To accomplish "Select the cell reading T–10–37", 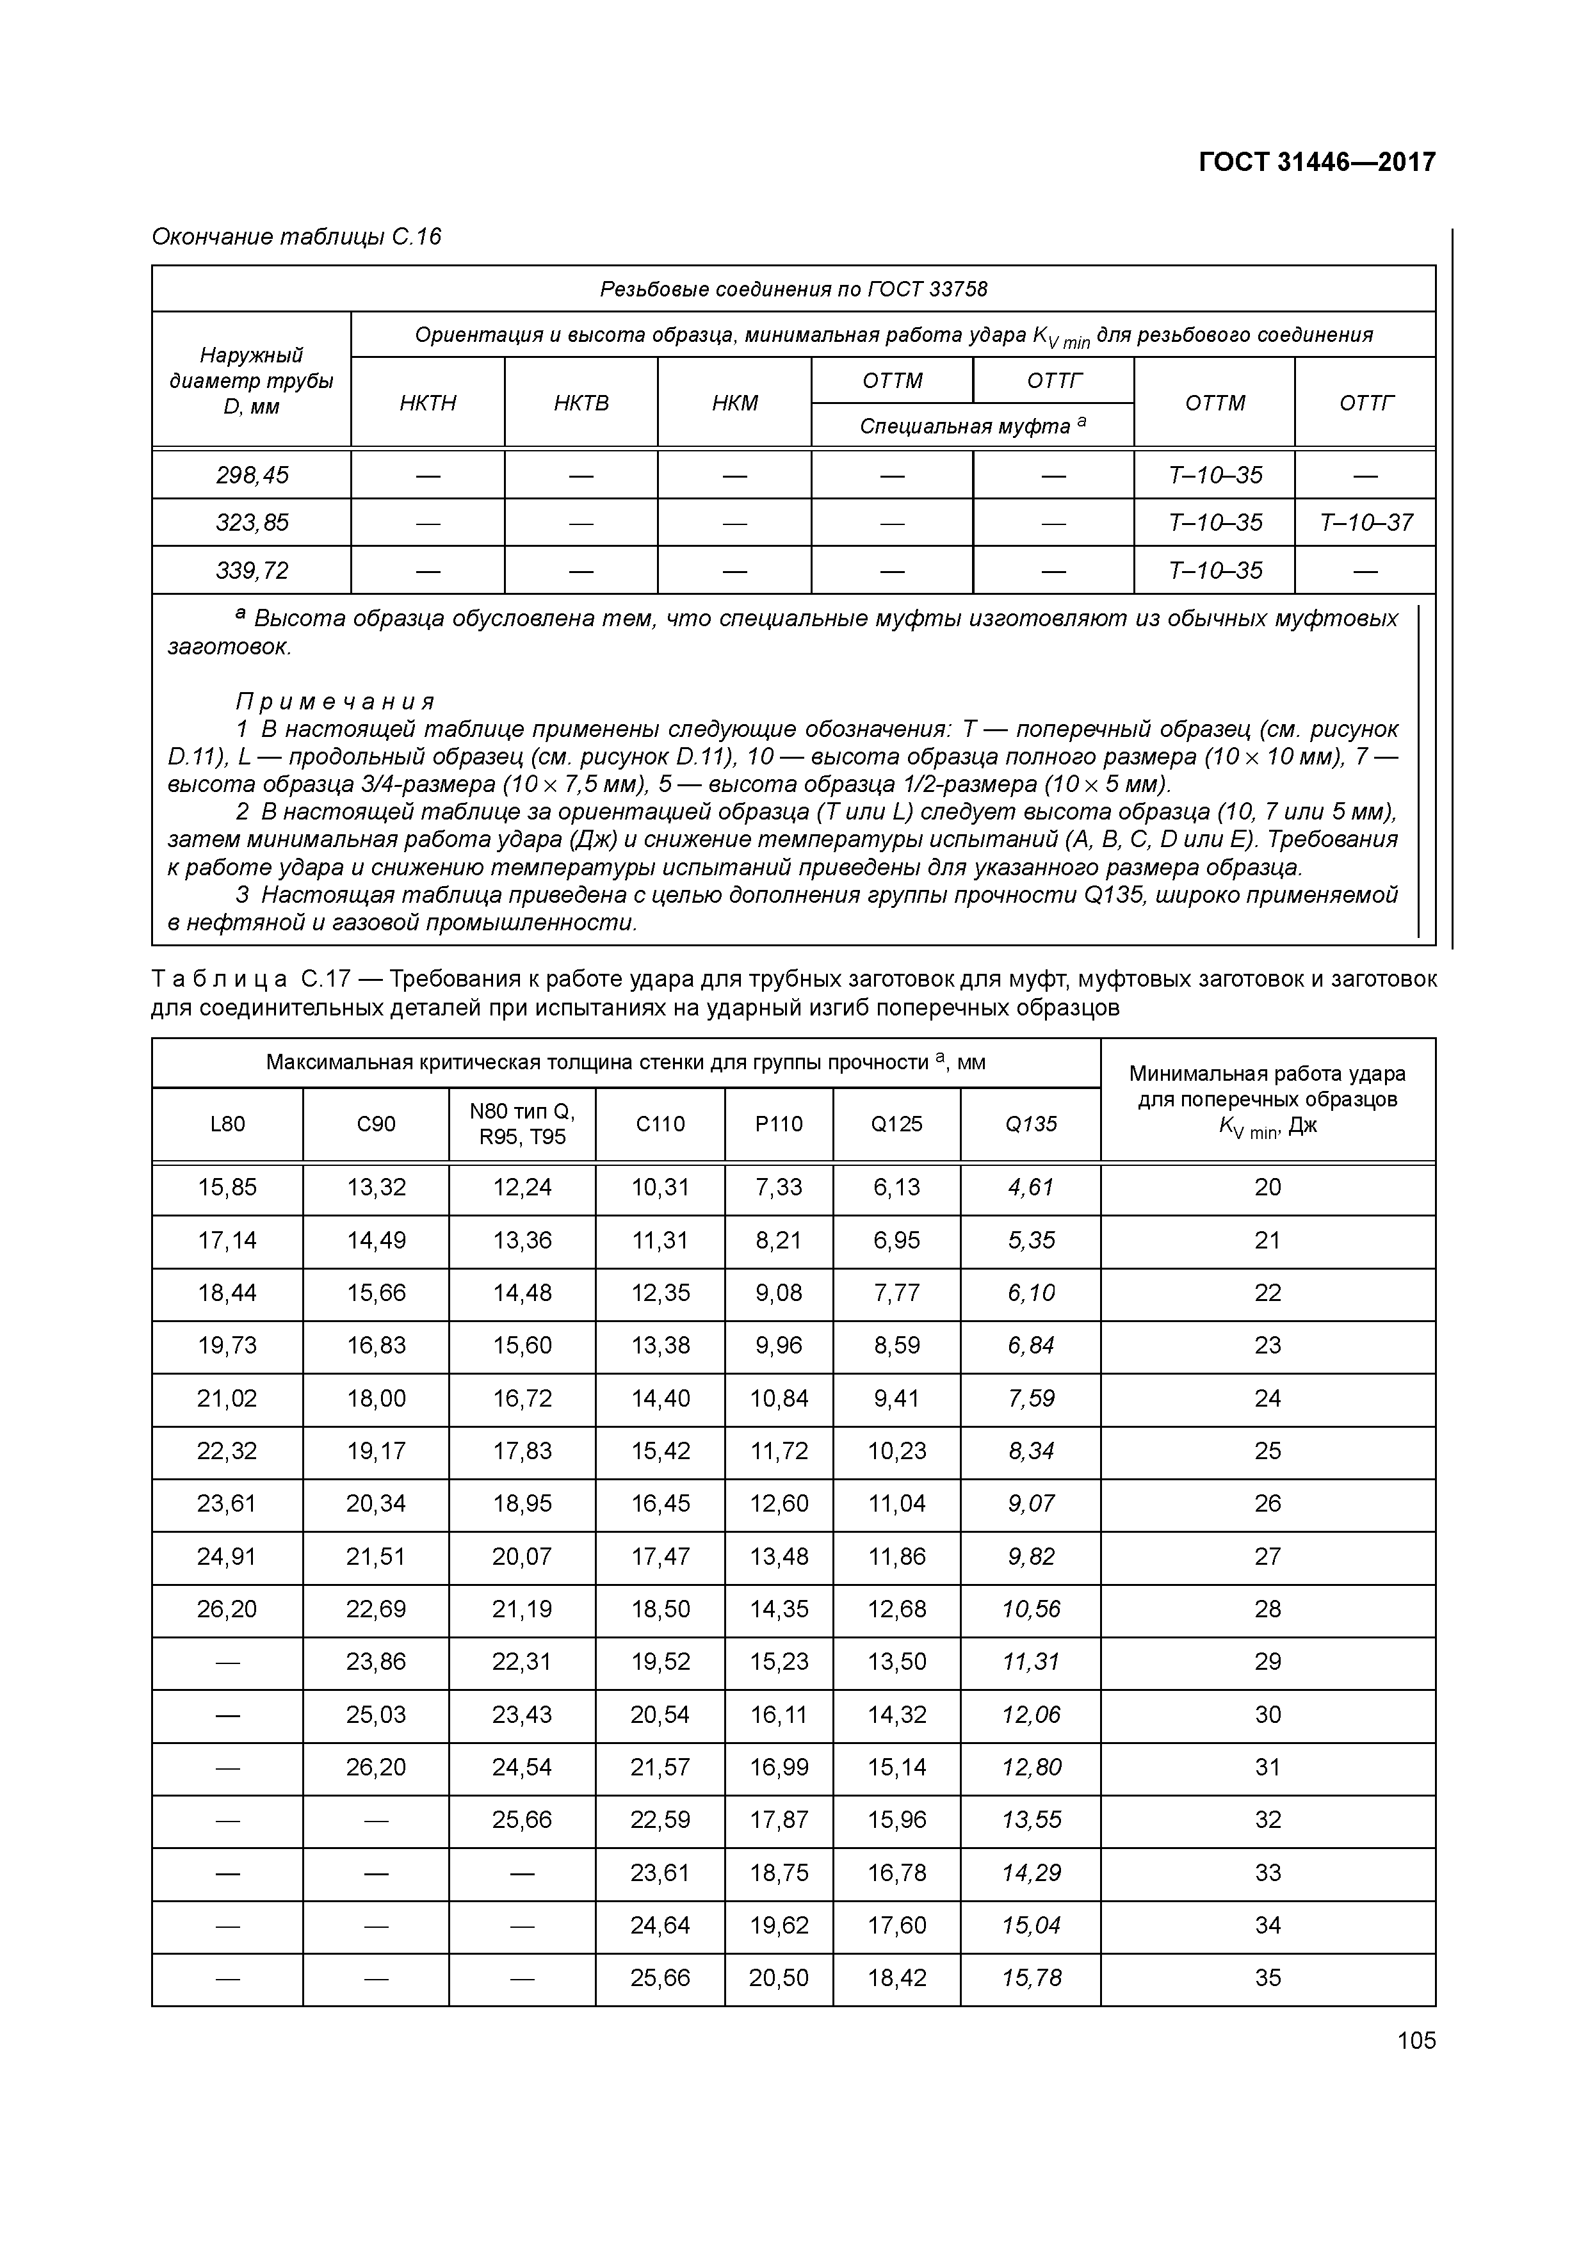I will tap(1365, 522).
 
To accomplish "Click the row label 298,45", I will tap(252, 476).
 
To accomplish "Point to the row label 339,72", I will tap(252, 570).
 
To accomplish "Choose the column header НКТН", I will tap(428, 403).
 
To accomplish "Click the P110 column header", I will tap(779, 1124).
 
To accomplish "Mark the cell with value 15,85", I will tap(227, 1188).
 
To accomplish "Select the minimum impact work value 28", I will tap(1267, 1609).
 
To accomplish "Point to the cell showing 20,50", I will tap(779, 1978).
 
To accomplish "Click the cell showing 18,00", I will tap(376, 1399).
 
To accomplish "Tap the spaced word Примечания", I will tap(335, 701).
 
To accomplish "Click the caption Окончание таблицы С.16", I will tap(296, 237).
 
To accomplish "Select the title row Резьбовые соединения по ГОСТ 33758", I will tap(793, 289).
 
